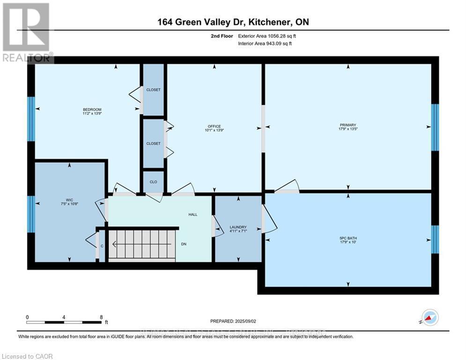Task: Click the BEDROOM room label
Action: click(x=92, y=110)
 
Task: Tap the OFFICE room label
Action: click(x=214, y=126)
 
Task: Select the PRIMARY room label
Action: click(x=348, y=125)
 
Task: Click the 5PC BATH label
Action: click(x=348, y=238)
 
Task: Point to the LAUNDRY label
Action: click(x=238, y=227)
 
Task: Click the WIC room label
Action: click(x=69, y=199)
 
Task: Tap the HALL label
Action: click(x=193, y=215)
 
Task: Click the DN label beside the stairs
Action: click(x=184, y=244)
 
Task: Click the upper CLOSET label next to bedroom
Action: click(x=153, y=90)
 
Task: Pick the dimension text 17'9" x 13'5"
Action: click(x=348, y=129)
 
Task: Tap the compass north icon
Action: click(x=430, y=317)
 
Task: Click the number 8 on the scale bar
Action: click(x=101, y=317)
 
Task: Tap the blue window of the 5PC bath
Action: click(x=435, y=239)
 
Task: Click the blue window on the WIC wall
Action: click(x=31, y=214)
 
